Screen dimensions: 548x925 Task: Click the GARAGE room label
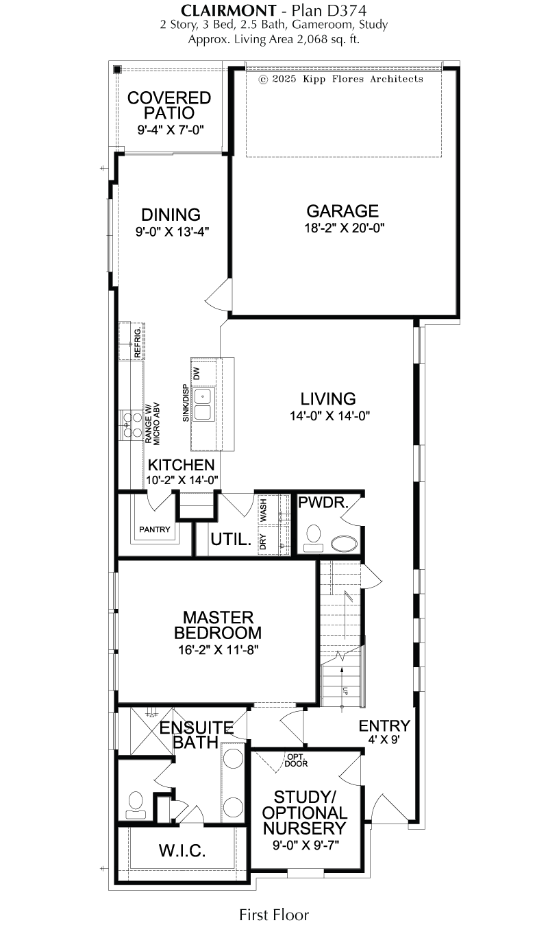click(342, 211)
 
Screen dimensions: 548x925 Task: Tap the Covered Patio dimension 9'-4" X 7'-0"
click(171, 130)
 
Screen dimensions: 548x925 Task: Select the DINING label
click(171, 215)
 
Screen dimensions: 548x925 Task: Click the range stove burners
click(132, 424)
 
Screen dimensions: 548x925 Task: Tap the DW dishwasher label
click(197, 373)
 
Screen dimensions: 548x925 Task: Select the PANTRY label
click(155, 529)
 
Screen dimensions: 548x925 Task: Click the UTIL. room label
click(231, 540)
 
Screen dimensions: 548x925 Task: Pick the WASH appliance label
click(263, 510)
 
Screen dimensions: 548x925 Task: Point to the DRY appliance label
click(263, 542)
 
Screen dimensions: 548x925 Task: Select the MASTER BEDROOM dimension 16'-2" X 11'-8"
click(219, 650)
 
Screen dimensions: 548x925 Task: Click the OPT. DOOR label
click(296, 760)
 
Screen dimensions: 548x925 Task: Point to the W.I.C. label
click(182, 850)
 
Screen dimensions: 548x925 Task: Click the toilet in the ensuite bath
click(136, 805)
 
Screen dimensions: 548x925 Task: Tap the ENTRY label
click(384, 725)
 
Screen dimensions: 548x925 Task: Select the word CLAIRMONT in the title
click(229, 10)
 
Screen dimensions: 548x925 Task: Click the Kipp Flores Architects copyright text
click(341, 80)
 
